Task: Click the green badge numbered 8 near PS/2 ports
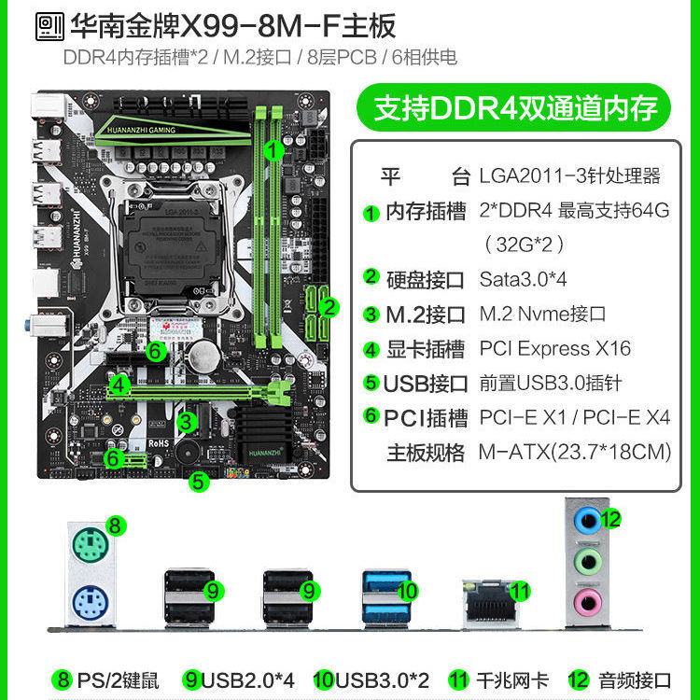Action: pos(115,525)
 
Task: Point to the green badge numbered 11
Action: pos(520,590)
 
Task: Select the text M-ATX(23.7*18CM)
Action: pos(575,453)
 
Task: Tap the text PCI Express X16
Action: pos(554,349)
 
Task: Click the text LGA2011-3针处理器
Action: pos(569,175)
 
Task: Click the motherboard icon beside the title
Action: pos(49,25)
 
